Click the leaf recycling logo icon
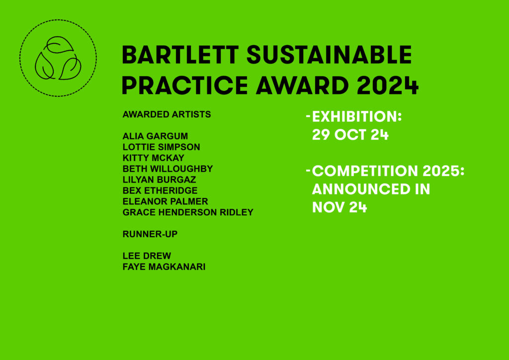click(58, 58)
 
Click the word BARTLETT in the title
click(180, 55)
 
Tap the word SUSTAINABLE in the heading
click(329, 55)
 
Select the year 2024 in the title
click(387, 86)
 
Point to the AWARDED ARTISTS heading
click(167, 114)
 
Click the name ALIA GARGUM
click(155, 136)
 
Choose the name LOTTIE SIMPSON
click(162, 147)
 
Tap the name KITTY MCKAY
click(153, 158)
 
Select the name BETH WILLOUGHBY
click(168, 169)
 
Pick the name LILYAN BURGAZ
click(160, 180)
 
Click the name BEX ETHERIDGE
click(160, 190)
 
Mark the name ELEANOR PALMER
click(165, 201)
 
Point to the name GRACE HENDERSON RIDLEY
click(188, 212)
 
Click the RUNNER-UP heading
click(150, 234)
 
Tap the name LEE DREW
click(147, 256)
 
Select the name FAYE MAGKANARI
click(164, 267)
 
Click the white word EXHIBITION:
click(357, 116)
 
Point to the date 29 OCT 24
click(350, 135)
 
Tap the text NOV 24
click(339, 207)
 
